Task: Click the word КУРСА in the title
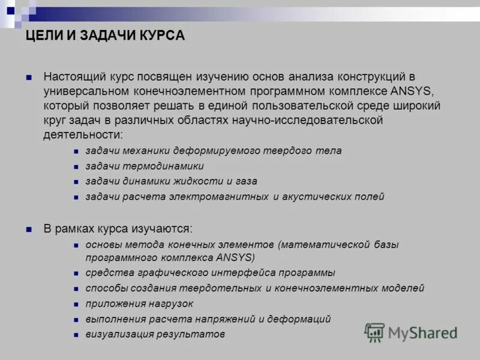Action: (163, 37)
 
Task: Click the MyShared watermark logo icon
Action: (375, 332)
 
